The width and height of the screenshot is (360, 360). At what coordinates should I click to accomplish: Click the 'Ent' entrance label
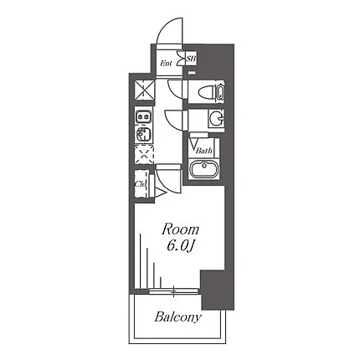pos(166,64)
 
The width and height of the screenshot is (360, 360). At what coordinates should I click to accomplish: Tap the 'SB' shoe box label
pos(192,59)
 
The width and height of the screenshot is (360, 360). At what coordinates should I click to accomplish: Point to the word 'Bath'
pos(203,151)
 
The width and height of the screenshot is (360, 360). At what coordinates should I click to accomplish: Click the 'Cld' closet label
pos(141,184)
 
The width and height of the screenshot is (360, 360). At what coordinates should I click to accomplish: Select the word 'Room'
pos(180,230)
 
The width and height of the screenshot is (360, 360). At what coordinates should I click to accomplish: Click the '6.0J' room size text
pos(180,246)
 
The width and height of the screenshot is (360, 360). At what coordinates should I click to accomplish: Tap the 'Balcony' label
pos(177,317)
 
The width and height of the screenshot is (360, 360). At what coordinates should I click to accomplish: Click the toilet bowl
pos(206,91)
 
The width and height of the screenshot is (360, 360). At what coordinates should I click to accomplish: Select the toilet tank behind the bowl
pos(219,91)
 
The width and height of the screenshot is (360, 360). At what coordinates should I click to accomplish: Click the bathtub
pos(204,167)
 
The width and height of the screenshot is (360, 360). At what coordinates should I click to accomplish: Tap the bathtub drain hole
pos(204,165)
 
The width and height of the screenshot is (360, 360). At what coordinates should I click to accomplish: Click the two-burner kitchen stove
pos(144,116)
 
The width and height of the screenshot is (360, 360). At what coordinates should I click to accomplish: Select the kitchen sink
pos(144,134)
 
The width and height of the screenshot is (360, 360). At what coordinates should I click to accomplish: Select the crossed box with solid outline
pos(144,90)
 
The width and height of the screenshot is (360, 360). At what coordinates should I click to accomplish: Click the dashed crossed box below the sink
pos(144,154)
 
